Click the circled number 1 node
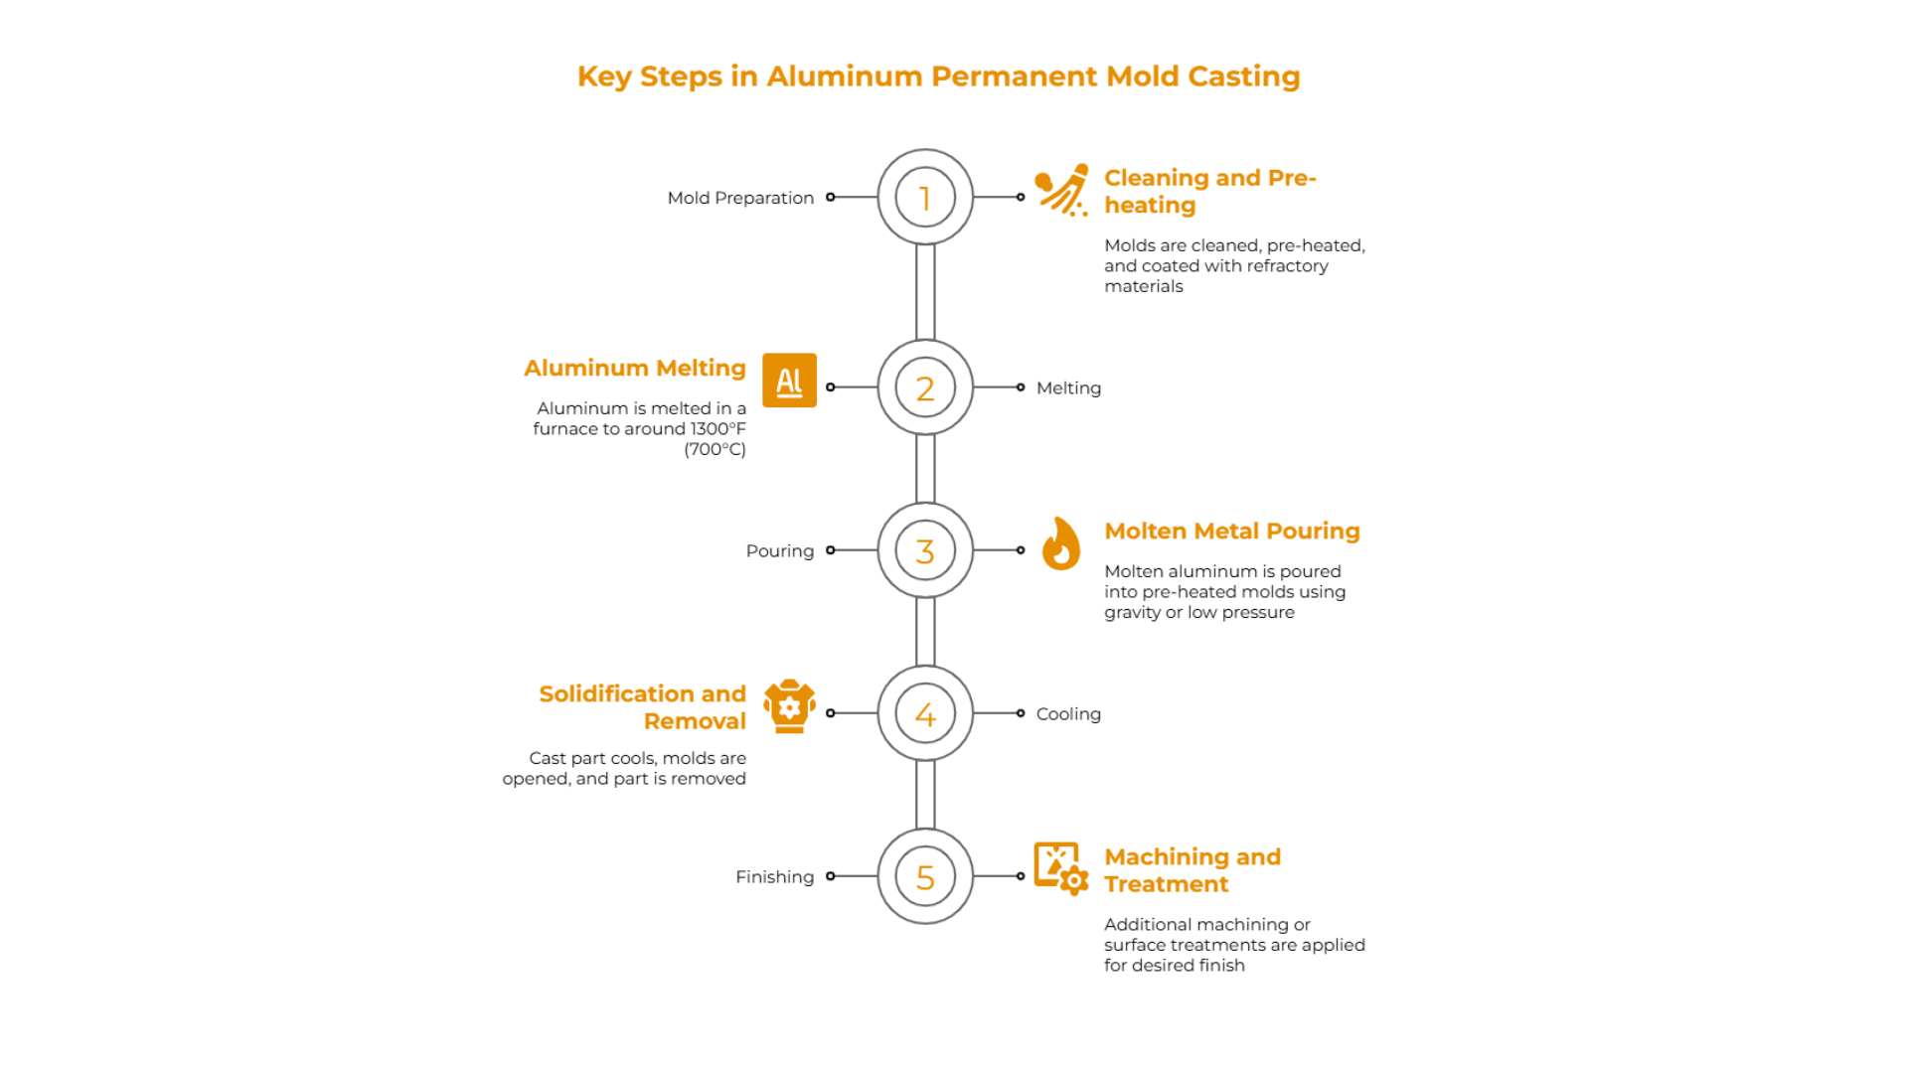924,197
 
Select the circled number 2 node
924,387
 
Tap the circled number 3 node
924,550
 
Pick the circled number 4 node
924,713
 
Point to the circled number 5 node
924,876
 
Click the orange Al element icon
789,381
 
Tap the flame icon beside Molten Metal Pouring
1060,543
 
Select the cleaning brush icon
1061,190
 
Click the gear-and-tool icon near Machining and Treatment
1060,868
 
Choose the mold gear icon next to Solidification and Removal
789,706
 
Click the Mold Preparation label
740,198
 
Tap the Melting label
1068,387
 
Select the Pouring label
779,550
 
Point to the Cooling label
1068,713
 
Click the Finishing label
774,876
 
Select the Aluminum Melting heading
634,368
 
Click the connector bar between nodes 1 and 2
924,292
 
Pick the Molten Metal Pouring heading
1231,531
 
